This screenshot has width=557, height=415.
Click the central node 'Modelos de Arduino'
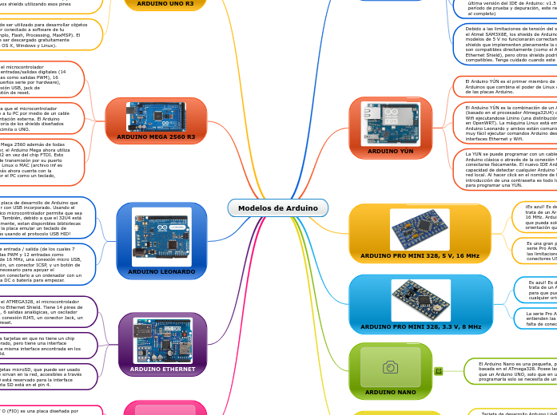(277, 208)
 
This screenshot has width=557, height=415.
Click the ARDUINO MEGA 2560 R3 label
(156, 137)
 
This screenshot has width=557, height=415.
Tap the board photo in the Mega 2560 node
(156, 117)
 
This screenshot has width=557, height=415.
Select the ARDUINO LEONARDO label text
(161, 271)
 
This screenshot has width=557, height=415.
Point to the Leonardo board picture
(161, 236)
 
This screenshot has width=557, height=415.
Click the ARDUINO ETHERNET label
(162, 369)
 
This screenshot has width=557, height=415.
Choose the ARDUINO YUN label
(390, 151)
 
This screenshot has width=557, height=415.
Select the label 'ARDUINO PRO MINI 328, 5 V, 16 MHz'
(420, 256)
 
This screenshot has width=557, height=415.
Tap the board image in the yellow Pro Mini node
(420, 229)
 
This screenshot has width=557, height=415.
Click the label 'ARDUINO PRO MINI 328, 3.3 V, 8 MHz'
(420, 326)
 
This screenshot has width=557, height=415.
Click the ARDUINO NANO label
(390, 392)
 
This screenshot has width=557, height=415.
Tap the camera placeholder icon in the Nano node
(390, 367)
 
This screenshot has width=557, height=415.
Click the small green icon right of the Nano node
(438, 371)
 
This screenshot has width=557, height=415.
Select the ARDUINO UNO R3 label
(165, 4)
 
